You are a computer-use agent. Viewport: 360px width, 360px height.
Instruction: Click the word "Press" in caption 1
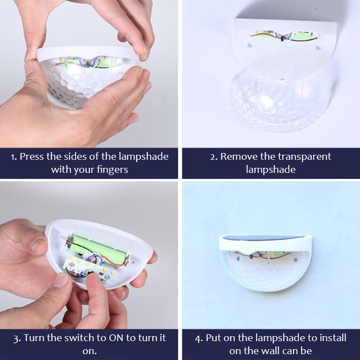[x=31, y=157]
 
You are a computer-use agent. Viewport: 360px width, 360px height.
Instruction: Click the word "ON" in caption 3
[x=116, y=338]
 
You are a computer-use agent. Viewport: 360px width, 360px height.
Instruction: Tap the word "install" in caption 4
[x=333, y=338]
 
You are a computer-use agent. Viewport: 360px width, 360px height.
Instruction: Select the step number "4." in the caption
[x=199, y=338]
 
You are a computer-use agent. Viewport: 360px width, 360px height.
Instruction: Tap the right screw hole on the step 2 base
[x=318, y=48]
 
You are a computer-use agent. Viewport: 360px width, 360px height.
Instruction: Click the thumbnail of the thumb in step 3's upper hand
[x=37, y=244]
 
